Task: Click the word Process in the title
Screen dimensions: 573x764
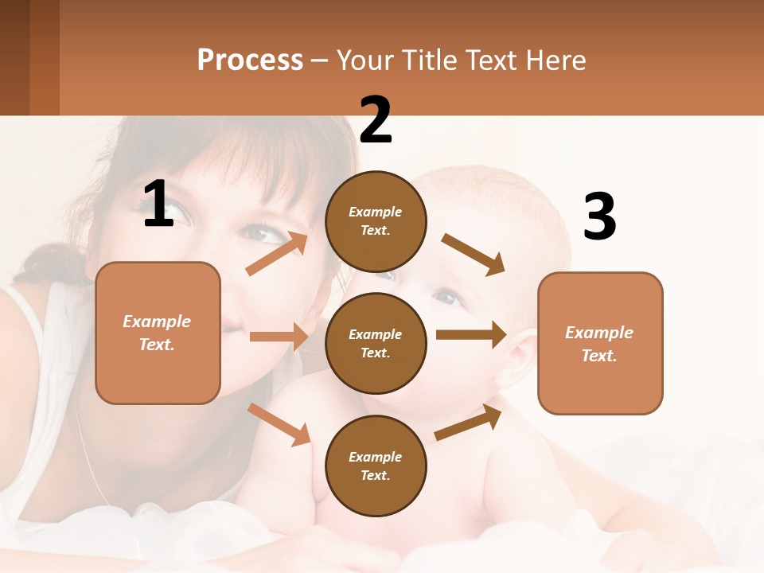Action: (250, 60)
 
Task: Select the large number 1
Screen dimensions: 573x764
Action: (158, 205)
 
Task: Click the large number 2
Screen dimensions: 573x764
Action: (376, 120)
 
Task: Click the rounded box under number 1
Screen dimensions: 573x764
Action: (158, 333)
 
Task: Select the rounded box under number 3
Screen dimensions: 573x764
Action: (600, 344)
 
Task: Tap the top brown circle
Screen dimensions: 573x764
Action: (376, 221)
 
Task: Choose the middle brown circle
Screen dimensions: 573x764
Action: (376, 343)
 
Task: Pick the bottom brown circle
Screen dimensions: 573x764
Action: (376, 466)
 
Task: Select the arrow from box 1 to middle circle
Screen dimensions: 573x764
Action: (279, 337)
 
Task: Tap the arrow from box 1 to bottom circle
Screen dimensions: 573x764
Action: (279, 424)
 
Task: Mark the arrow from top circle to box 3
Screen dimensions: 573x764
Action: (474, 255)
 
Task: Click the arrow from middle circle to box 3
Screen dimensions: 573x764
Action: (471, 335)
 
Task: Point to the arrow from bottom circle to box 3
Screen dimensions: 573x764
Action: (468, 423)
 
